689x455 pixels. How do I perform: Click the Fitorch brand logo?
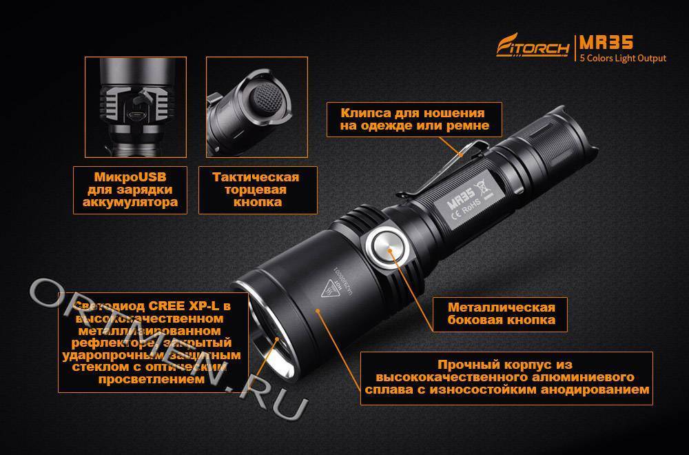pos(534,48)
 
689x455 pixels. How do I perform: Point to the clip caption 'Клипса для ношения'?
pos(413,113)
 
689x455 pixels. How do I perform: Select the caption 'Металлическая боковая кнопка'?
pos(492,314)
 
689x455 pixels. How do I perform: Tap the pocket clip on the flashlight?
pos(441,172)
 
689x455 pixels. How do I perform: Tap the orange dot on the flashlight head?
pos(318,312)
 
